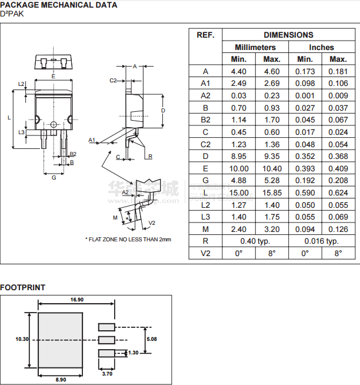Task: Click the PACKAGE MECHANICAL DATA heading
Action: [x=58, y=5]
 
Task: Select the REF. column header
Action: [x=205, y=35]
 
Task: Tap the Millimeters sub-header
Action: [x=255, y=47]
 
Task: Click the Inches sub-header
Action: [x=321, y=47]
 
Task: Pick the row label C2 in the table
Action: [x=205, y=144]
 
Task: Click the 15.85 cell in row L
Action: [x=271, y=192]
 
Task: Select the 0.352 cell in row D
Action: [x=305, y=156]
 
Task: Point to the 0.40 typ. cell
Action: [x=255, y=241]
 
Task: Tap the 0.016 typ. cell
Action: [x=321, y=241]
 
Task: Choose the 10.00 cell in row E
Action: [x=238, y=168]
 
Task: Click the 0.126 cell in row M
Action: [x=338, y=229]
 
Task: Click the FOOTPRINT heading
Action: [x=22, y=288]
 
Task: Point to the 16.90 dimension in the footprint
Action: [x=76, y=300]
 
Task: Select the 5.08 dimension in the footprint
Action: [x=151, y=338]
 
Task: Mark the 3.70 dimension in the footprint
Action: [x=107, y=373]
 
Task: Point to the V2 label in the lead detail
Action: [x=152, y=223]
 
